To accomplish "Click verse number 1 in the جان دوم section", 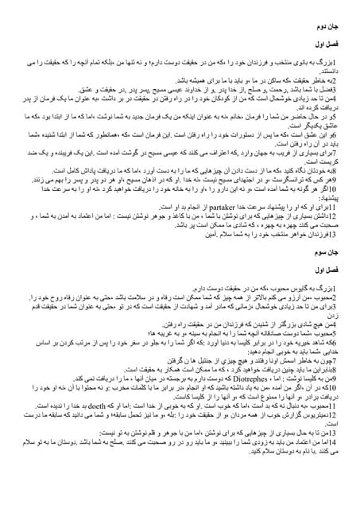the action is coord(343,60).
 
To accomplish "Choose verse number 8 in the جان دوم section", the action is coord(343,170).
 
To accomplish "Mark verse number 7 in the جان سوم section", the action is coord(343,359).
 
